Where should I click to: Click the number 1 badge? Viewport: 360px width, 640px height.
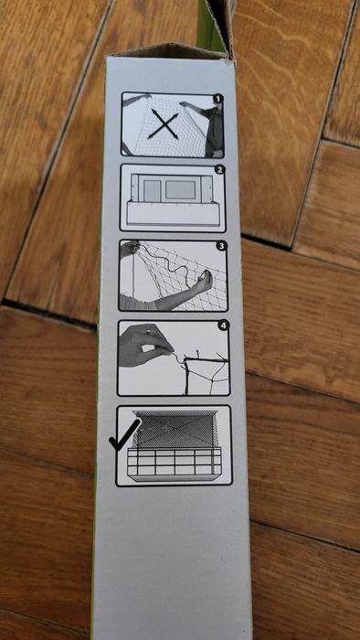[217, 99]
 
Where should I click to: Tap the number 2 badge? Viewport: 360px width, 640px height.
[218, 169]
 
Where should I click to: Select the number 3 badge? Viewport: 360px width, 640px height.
[220, 246]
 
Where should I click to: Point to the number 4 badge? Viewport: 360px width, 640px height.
[223, 325]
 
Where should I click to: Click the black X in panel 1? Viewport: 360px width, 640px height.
[164, 123]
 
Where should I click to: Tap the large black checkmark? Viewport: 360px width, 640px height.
[124, 434]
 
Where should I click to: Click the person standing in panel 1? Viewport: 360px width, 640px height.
[212, 128]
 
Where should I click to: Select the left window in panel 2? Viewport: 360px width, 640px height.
[151, 191]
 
